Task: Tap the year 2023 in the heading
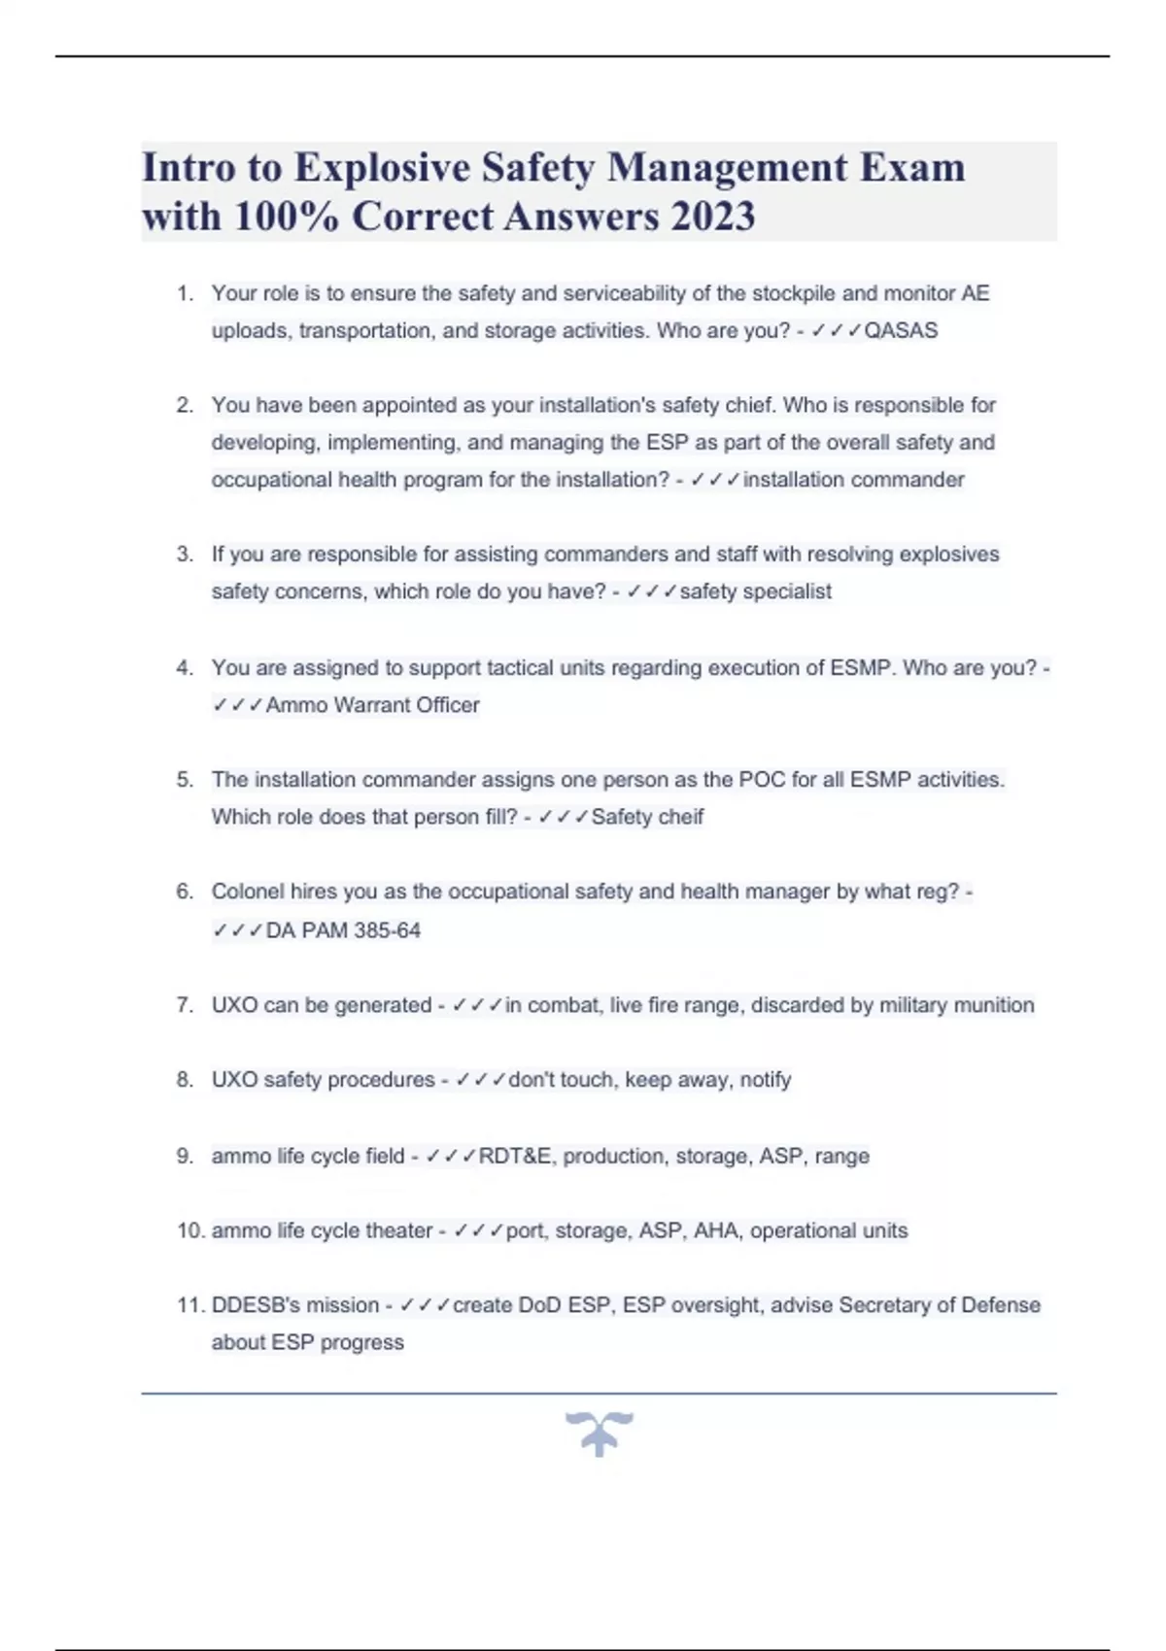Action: [x=712, y=217]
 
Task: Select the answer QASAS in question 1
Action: [x=901, y=331]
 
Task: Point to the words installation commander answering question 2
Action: [x=853, y=480]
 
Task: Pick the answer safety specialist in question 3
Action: [x=755, y=591]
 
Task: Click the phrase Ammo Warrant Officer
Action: [x=372, y=705]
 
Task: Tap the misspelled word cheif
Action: [x=680, y=817]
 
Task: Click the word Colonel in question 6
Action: [x=248, y=892]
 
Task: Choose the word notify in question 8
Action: [x=765, y=1080]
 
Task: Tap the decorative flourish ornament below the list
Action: [x=599, y=1433]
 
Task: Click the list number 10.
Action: [x=190, y=1230]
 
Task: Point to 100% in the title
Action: [x=287, y=217]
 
